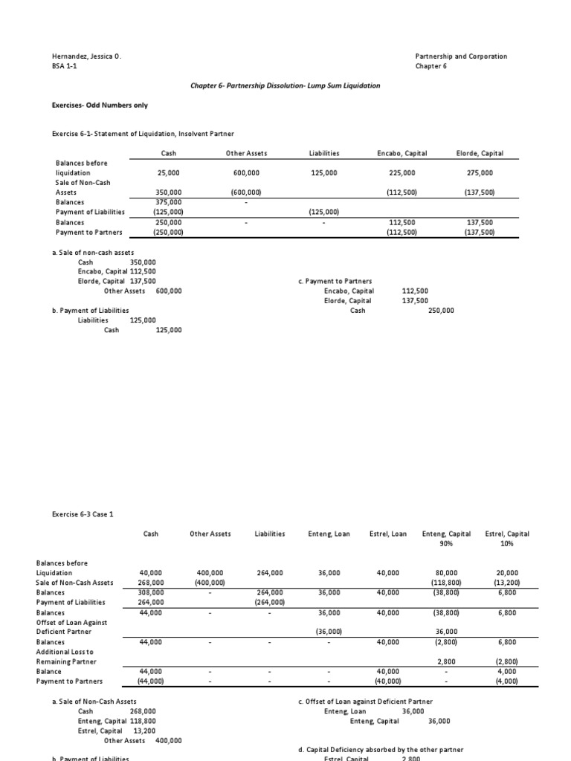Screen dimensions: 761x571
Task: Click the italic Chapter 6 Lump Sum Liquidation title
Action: (x=285, y=85)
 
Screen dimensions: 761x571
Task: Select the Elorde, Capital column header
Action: (x=480, y=153)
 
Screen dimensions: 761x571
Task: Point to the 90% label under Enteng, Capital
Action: (x=446, y=543)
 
